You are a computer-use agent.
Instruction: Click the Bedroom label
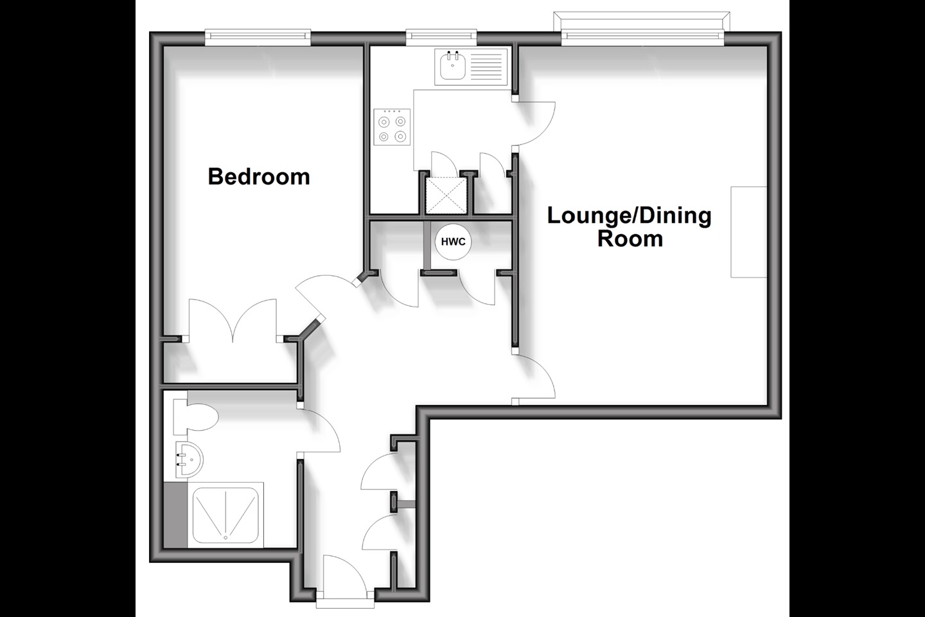[259, 177]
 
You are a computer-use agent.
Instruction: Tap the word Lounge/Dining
[630, 216]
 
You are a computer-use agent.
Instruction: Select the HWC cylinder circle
[453, 242]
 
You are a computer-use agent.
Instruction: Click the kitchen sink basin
[453, 66]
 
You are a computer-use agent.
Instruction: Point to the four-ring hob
[392, 127]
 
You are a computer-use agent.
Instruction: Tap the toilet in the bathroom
[195, 416]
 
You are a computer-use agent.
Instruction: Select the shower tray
[226, 515]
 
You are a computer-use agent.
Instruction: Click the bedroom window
[258, 38]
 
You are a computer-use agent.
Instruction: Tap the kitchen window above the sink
[441, 38]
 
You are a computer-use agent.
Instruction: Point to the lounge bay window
[642, 28]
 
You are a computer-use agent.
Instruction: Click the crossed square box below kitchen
[446, 195]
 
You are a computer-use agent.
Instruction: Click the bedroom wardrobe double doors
[233, 320]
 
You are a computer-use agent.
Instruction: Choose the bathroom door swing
[319, 430]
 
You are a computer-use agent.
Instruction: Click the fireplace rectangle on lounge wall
[749, 232]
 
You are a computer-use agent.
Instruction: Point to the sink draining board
[486, 66]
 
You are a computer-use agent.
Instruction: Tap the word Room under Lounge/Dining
[630, 238]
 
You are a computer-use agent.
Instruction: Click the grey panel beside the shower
[175, 515]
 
